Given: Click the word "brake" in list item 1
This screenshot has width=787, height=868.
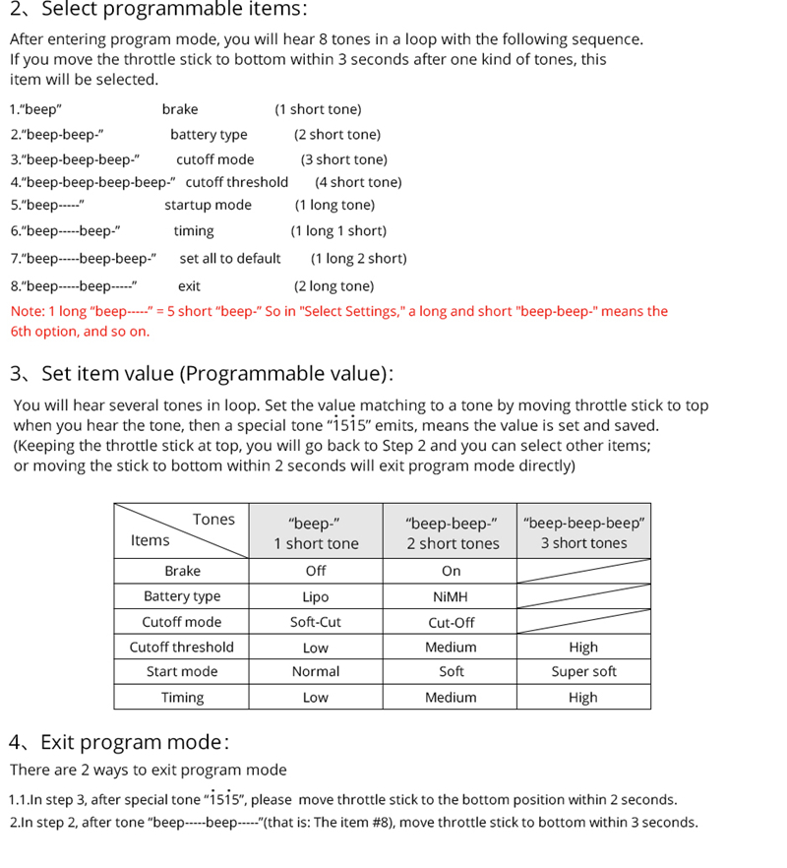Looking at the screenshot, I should (x=180, y=109).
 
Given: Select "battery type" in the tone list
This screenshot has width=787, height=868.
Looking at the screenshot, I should (x=209, y=135).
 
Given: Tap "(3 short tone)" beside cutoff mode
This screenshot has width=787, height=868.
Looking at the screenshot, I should (x=343, y=159).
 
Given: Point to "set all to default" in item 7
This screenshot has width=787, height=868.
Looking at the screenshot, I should (x=230, y=258).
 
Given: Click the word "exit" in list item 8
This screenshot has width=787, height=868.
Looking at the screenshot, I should (x=189, y=286).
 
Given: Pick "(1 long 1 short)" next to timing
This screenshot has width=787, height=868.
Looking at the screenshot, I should (x=338, y=231).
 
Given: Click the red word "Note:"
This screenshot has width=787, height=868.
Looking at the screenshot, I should (x=27, y=311).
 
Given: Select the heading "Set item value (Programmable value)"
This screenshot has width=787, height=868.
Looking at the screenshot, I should (x=216, y=374).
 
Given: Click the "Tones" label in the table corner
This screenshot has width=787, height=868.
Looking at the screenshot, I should (x=213, y=520).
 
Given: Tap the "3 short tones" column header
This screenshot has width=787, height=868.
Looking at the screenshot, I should (x=583, y=543).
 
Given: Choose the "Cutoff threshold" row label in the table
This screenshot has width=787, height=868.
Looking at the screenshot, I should (x=182, y=647).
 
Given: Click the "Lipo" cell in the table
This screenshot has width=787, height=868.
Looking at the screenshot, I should (x=316, y=596).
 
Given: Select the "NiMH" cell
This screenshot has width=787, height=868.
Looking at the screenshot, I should (x=451, y=596).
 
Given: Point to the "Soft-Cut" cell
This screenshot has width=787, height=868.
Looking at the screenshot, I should (x=316, y=622).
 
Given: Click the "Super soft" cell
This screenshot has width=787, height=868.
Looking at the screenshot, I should (x=583, y=672).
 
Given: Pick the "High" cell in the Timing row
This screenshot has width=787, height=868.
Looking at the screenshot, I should (x=582, y=698).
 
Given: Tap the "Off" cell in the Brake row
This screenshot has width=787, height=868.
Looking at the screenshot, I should (x=316, y=571).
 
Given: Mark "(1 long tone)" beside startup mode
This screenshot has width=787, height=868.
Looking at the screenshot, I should (x=334, y=205).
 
